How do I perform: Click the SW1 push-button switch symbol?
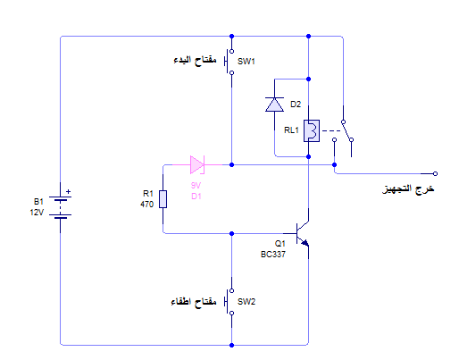[x=229, y=62]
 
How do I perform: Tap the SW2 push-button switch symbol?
[x=229, y=302]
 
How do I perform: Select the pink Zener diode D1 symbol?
[x=197, y=164]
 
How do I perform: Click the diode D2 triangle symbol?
[x=274, y=105]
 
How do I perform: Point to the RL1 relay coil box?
[x=312, y=130]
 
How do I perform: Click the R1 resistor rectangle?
[x=163, y=199]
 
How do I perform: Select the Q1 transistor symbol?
[x=301, y=234]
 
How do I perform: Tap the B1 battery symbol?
[x=61, y=207]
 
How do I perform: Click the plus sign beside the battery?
[x=68, y=192]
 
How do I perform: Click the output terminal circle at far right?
[x=435, y=173]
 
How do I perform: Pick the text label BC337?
[x=273, y=255]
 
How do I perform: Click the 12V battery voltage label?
[x=37, y=213]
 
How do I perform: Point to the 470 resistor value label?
[x=147, y=205]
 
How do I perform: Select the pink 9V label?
[x=196, y=186]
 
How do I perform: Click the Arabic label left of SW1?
[x=195, y=61]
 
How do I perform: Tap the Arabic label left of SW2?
[x=194, y=302]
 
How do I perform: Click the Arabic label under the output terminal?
[x=408, y=188]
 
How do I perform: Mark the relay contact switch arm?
[x=347, y=130]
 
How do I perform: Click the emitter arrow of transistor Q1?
[x=305, y=243]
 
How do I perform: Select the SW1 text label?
[x=246, y=62]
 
